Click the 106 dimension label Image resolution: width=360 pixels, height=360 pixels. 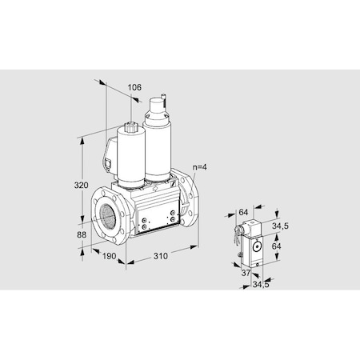(x=134, y=87)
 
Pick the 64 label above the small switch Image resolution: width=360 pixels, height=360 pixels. (x=242, y=213)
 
